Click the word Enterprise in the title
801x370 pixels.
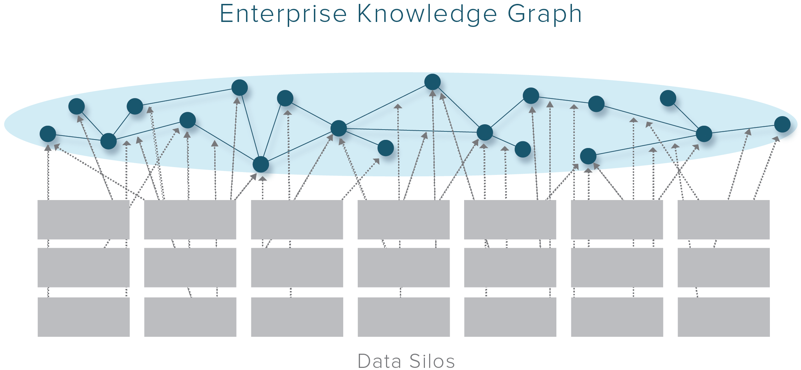click(x=283, y=14)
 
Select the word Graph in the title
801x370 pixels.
click(x=544, y=14)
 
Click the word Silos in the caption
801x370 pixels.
click(x=432, y=361)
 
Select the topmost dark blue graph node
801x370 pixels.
click(x=432, y=82)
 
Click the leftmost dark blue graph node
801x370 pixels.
click(x=48, y=134)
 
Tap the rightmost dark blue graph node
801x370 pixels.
click(x=782, y=124)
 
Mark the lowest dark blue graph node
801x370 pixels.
click(x=261, y=165)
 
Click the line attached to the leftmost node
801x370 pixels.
click(x=78, y=138)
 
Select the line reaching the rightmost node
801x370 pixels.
click(x=742, y=129)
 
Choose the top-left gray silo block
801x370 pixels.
click(x=83, y=220)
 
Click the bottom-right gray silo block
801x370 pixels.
click(x=723, y=317)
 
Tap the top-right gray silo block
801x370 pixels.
click(x=723, y=220)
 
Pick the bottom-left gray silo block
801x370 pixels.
click(x=83, y=317)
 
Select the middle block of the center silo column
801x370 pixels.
click(x=404, y=267)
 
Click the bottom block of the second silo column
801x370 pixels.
click(x=190, y=317)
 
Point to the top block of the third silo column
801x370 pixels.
click(x=297, y=220)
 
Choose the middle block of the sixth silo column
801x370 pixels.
click(x=617, y=267)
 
